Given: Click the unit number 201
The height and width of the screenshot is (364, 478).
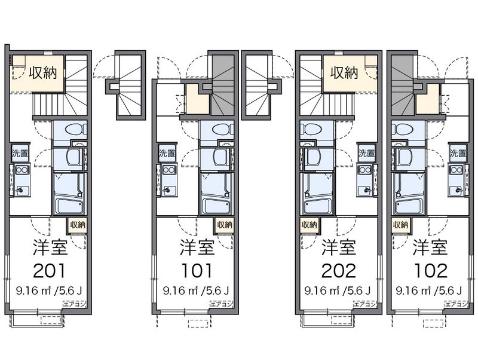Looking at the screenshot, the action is [49, 270].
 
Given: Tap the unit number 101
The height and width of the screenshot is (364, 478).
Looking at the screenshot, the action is [197, 270].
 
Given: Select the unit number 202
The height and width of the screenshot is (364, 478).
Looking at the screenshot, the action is [339, 270].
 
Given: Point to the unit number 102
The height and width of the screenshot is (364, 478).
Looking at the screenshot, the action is [430, 270].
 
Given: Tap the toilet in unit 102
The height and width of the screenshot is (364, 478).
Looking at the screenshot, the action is [403, 129].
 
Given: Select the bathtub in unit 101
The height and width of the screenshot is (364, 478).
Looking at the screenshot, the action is [217, 206].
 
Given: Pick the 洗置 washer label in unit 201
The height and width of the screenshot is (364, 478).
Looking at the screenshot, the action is [20, 154].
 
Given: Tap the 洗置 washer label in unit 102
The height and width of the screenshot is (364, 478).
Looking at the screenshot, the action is [458, 154].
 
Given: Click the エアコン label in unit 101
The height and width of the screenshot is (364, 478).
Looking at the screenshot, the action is [221, 304].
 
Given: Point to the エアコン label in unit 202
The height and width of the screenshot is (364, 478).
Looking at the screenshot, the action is [365, 304].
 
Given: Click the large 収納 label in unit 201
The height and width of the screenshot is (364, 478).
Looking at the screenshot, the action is [43, 73].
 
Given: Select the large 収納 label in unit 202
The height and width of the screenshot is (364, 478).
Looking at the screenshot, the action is [345, 73].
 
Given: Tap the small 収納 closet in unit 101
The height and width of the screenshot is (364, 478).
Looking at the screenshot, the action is [225, 225].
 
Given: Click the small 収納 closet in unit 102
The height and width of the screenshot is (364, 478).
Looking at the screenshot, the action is [400, 225].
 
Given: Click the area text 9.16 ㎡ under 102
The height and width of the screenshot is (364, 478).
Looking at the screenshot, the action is [413, 291].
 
